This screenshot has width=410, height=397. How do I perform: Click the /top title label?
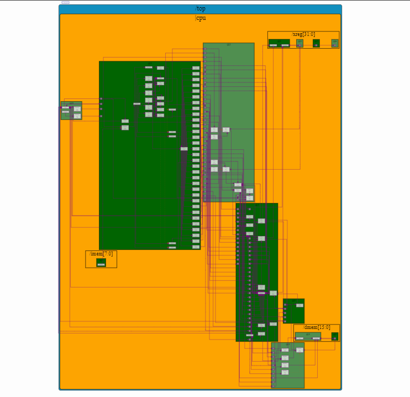point(200,9)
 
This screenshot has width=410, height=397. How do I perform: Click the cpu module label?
point(201,18)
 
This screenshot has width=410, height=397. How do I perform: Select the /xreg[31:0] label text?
point(303,34)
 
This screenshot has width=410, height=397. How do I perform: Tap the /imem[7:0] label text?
point(101,254)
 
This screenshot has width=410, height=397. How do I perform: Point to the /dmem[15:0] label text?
point(317,327)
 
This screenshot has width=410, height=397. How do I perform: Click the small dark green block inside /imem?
point(101,263)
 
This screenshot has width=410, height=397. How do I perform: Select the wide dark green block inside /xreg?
point(279,43)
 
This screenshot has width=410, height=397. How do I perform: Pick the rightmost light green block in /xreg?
point(335,43)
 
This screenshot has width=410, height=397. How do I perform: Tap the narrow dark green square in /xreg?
point(316,43)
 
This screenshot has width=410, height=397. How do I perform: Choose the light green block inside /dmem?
point(308,336)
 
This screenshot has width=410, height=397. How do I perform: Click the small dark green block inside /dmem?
point(335,336)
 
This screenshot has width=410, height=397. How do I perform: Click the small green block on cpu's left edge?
point(71,110)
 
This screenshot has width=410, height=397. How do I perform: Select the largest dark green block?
point(149,155)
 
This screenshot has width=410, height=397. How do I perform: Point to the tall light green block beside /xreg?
point(229,122)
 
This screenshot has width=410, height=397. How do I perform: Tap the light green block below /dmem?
point(288,365)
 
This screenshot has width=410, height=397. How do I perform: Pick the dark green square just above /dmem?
point(293,311)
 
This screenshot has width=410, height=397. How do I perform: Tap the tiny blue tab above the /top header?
point(65,2)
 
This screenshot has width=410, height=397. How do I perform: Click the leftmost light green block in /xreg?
point(299,43)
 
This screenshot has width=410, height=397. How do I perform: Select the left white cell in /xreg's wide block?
point(274,45)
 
